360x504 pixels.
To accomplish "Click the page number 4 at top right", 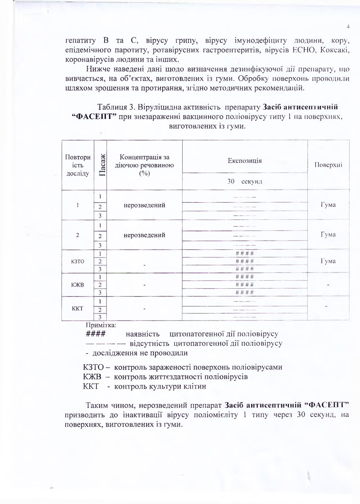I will coord(348,27).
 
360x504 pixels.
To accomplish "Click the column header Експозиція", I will coord(245,161).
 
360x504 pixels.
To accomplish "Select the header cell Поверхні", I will coord(328,165).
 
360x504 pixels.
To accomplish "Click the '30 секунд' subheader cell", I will coord(245,182).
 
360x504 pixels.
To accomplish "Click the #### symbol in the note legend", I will coord(95,334).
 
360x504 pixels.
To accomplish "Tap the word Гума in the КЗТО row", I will coord(328,261).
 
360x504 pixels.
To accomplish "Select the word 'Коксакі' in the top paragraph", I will coord(334,51).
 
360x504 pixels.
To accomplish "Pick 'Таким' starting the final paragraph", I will coord(96,405).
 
